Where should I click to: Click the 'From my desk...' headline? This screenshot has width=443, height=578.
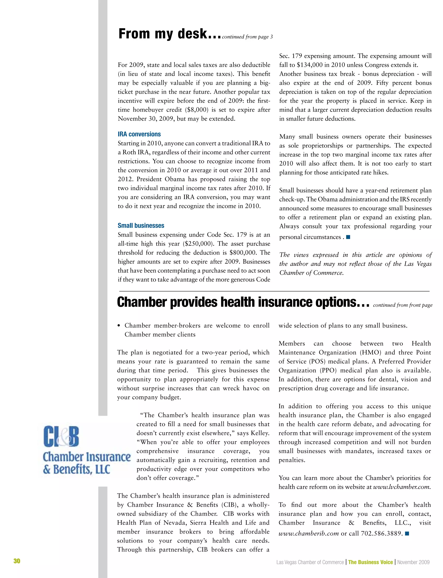(170, 34)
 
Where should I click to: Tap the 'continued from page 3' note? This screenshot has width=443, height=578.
(247, 37)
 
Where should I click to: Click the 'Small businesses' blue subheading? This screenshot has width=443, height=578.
(141, 225)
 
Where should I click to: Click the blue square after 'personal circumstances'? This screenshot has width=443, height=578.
(348, 237)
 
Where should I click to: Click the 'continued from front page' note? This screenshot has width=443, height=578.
(403, 305)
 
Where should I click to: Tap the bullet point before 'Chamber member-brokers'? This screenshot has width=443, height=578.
(119, 326)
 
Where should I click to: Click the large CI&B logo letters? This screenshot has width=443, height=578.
(61, 436)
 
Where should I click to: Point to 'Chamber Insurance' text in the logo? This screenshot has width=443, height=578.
(87, 457)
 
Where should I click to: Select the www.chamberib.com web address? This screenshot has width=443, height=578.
(308, 534)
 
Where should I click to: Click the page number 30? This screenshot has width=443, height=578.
(17, 561)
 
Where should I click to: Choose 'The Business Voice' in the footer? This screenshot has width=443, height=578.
(370, 562)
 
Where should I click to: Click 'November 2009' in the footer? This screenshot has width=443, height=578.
(413, 562)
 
